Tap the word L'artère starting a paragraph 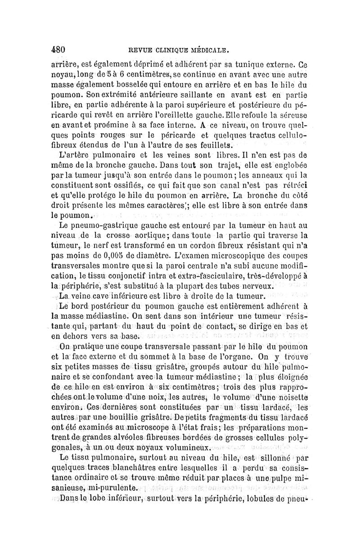point(69,156)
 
